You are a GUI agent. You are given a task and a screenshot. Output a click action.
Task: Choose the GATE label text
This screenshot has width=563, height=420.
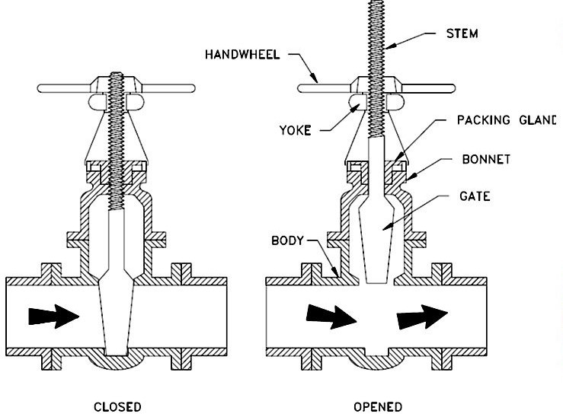pos(475,196)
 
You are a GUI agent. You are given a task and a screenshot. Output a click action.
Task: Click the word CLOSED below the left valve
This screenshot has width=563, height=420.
pos(117,406)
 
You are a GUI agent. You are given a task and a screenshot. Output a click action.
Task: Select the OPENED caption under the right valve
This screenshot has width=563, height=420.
pos(378,406)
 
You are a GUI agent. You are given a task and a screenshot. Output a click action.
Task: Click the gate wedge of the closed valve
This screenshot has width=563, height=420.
pos(117,320)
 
